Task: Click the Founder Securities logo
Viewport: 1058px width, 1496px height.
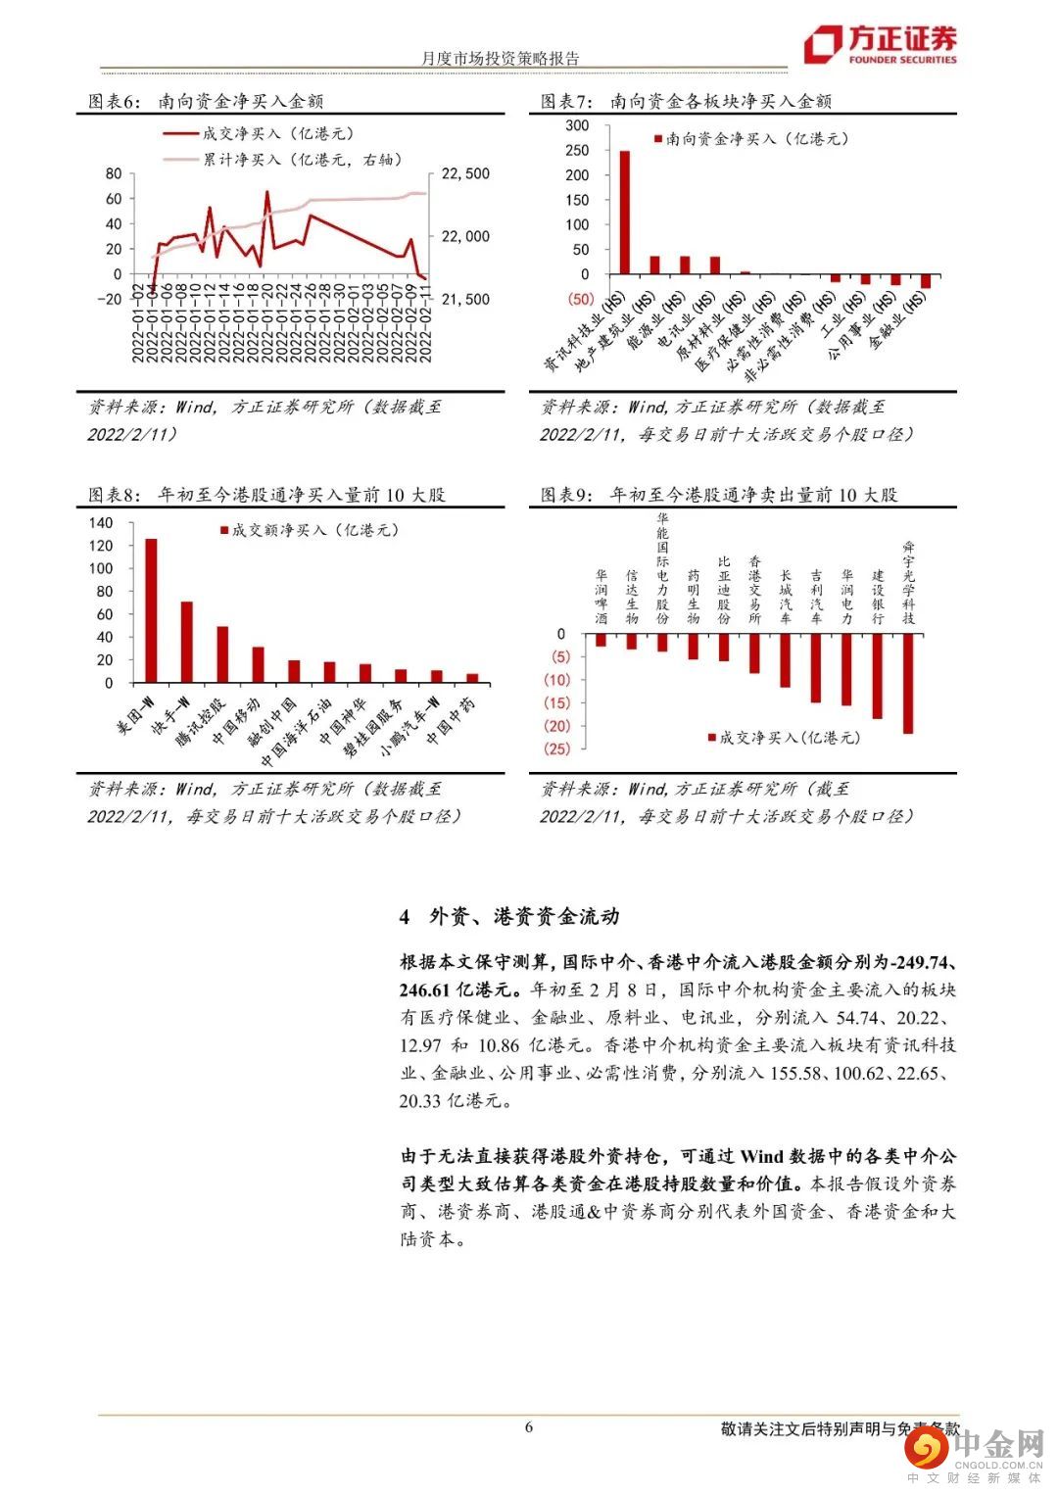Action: pos(879,44)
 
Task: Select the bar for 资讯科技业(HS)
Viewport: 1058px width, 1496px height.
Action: pos(624,213)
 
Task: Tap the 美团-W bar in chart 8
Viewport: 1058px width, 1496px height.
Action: pos(151,610)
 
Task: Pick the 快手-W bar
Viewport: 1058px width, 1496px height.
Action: pos(186,642)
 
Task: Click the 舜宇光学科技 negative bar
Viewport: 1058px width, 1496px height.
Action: pos(908,684)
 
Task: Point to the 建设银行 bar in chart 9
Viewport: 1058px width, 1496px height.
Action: pos(877,676)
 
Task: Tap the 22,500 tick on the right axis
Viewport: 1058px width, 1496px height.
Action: pos(465,174)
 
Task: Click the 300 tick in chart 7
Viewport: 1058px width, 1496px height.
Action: pos(577,125)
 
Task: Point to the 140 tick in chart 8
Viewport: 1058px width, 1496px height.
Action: pos(101,523)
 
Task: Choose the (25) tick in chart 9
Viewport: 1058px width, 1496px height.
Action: pos(556,748)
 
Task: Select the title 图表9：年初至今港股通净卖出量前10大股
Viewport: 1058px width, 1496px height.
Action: pos(719,496)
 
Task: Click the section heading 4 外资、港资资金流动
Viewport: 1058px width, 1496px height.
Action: pos(509,917)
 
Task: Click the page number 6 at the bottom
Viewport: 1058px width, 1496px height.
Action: pos(529,1426)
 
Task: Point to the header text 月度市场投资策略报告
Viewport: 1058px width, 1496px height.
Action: pos(501,59)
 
